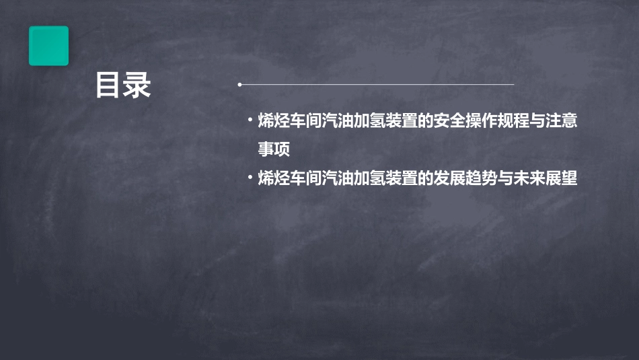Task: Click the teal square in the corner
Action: point(48,46)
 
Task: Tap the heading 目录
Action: point(122,86)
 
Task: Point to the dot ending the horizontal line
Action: point(239,85)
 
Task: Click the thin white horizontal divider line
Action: point(377,85)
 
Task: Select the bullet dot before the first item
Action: point(250,121)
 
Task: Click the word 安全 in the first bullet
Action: point(450,122)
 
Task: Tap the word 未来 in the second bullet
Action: point(529,179)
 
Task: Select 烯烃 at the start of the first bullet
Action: point(274,122)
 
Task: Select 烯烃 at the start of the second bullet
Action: point(274,179)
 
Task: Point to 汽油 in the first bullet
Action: point(338,122)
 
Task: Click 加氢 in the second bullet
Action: point(370,179)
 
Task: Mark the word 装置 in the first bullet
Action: point(402,122)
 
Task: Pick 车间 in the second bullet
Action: point(306,179)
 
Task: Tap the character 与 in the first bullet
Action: point(537,122)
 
